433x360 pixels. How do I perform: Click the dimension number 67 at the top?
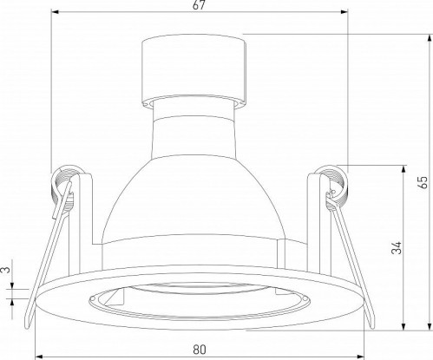click(x=199, y=8)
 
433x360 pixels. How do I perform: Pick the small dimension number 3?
click(x=7, y=271)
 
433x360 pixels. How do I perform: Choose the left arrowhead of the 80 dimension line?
click(x=39, y=357)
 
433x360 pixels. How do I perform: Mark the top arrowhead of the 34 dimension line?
click(x=403, y=167)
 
